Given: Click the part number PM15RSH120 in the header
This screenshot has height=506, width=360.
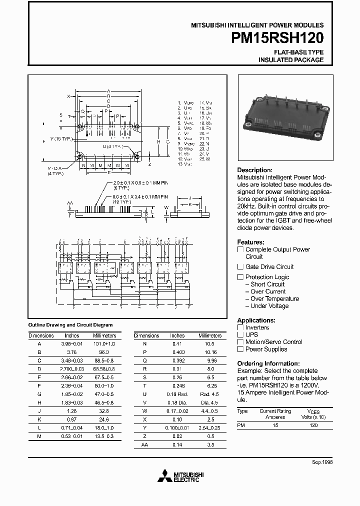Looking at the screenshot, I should pyautogui.click(x=284, y=38).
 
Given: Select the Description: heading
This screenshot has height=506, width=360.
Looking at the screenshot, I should pyautogui.click(x=254, y=170).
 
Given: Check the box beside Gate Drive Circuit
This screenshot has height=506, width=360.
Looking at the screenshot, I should pyautogui.click(x=240, y=267).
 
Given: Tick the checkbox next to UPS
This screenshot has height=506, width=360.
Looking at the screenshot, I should pyautogui.click(x=240, y=335).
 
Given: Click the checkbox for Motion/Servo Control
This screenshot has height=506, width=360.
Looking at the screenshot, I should pyautogui.click(x=240, y=342).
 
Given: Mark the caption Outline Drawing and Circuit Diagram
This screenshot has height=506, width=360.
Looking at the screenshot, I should pyautogui.click(x=70, y=325).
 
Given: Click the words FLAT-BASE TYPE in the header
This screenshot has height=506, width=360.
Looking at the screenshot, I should pyautogui.click(x=298, y=52).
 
